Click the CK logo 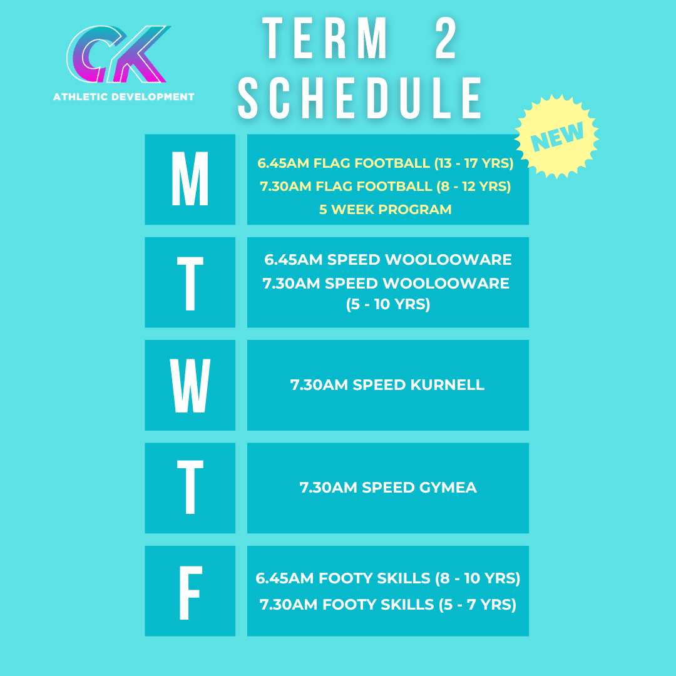pos(119,55)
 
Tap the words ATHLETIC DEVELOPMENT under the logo pos(124,97)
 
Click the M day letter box pos(190,180)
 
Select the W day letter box pos(190,385)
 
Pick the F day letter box pos(190,591)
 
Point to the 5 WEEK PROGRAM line pos(385,210)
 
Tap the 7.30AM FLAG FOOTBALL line pos(385,187)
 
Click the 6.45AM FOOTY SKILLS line pos(388,579)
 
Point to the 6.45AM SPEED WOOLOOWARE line pos(388,259)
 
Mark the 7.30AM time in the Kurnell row pos(319,385)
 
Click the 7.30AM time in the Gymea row pos(329,488)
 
